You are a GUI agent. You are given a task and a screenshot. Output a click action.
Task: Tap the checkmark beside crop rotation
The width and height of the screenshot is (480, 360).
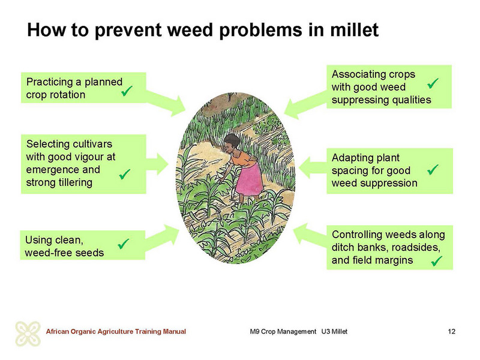(127, 91)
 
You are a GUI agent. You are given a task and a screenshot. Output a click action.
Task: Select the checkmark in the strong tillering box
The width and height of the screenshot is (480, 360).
(125, 174)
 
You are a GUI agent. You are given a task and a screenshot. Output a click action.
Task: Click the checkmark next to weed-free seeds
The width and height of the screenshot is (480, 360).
(124, 244)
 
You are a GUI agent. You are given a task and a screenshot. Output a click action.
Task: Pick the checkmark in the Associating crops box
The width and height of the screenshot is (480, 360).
(433, 83)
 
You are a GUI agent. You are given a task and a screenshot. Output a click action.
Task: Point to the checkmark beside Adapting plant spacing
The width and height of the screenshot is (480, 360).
(433, 169)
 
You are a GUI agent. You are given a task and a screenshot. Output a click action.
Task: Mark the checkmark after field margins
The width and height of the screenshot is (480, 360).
(437, 261)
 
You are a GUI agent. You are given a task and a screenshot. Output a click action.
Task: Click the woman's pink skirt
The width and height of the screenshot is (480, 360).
(249, 180)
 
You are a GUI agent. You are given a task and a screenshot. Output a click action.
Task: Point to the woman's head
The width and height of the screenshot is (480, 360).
(231, 143)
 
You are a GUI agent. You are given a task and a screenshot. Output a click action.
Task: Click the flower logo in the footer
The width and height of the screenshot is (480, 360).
(28, 334)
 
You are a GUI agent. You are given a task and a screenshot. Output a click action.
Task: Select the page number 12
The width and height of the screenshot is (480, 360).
(451, 331)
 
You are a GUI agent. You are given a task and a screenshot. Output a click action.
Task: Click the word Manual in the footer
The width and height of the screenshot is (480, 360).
(174, 331)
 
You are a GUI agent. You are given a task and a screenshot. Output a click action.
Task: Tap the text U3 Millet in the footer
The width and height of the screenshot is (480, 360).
(334, 331)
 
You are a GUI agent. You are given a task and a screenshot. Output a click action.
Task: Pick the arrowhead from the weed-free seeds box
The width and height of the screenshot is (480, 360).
(172, 234)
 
